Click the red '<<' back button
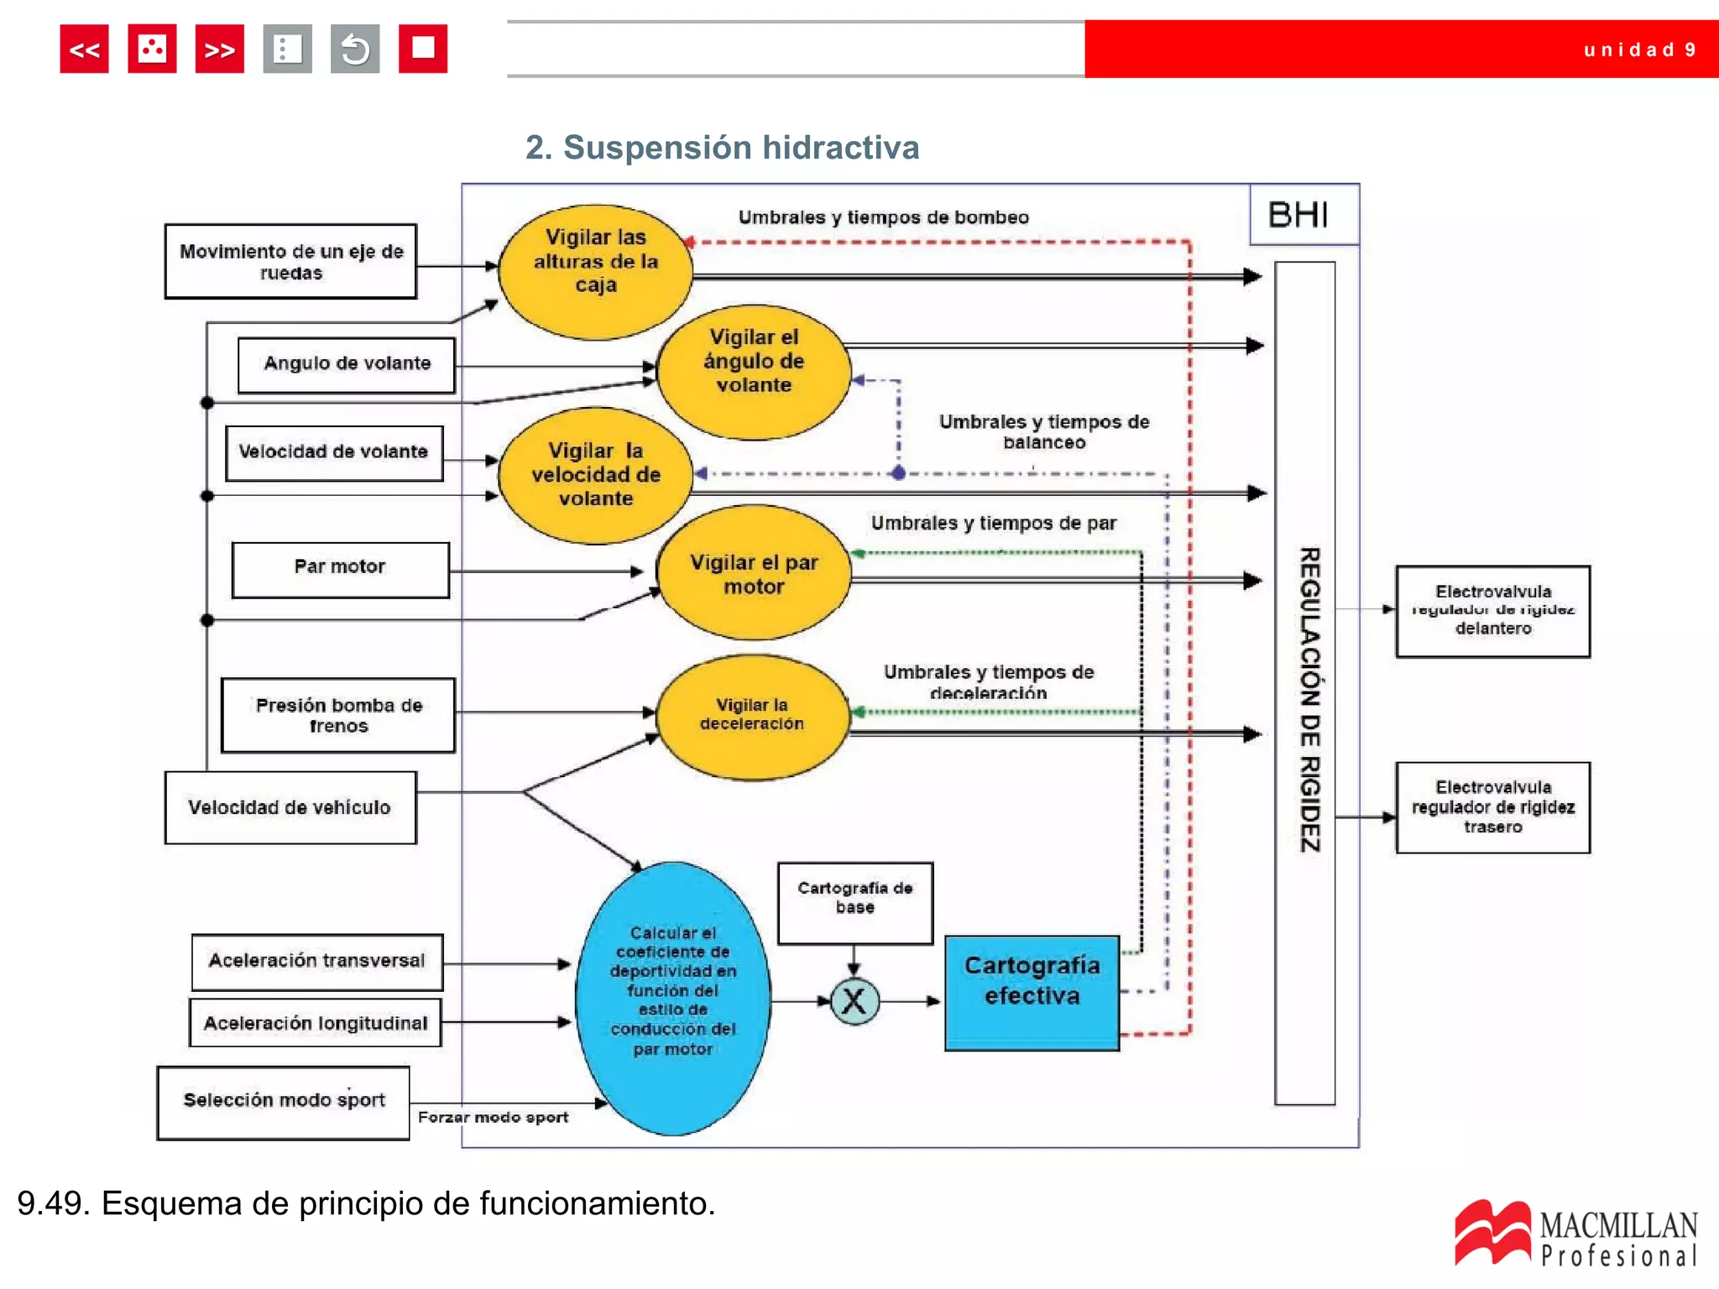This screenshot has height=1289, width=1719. click(x=84, y=49)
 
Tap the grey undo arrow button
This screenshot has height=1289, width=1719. click(x=355, y=49)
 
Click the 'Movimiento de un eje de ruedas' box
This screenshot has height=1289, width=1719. click(x=290, y=262)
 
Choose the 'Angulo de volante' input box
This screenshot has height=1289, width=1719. click(x=347, y=364)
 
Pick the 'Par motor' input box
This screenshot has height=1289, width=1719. click(x=340, y=569)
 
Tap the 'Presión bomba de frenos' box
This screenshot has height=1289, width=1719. click(x=338, y=715)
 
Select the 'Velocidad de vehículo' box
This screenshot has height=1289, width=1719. click(x=290, y=807)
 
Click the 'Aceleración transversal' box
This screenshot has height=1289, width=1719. click(x=317, y=962)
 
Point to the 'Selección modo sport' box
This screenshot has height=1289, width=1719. click(x=284, y=1102)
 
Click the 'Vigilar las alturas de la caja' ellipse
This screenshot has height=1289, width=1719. click(x=595, y=271)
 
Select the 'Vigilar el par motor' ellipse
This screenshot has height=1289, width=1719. click(x=753, y=574)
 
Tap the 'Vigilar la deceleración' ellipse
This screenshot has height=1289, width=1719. click(x=752, y=717)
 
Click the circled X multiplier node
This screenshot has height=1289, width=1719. click(x=854, y=1001)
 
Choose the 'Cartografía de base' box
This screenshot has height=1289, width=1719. click(x=854, y=902)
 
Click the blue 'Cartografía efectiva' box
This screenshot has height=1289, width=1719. click(x=1032, y=992)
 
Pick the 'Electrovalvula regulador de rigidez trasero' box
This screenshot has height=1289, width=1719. click(x=1492, y=807)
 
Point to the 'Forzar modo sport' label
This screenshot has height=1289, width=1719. click(x=493, y=1118)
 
